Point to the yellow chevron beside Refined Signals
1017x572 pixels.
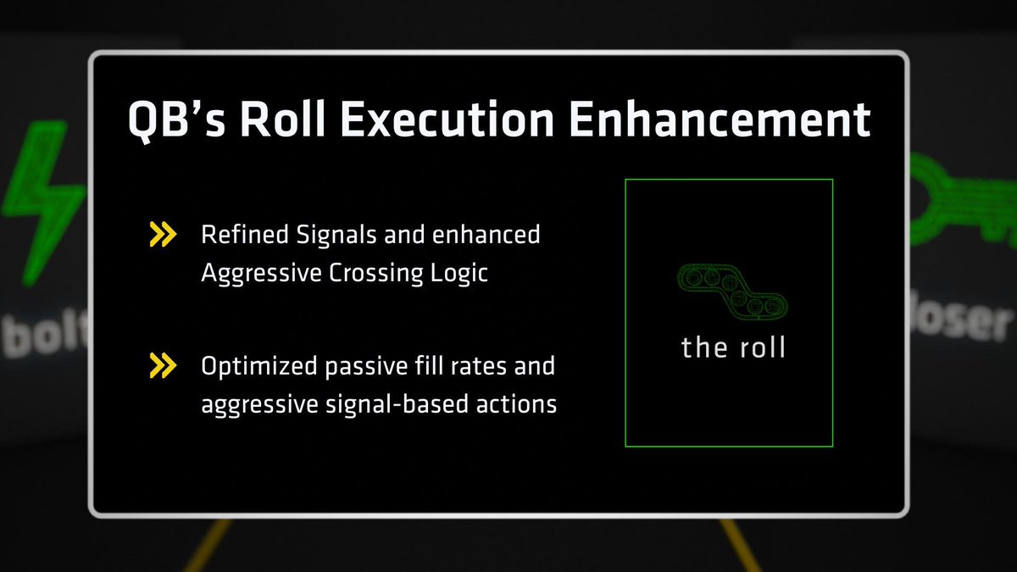(x=163, y=235)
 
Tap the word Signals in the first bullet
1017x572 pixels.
(x=321, y=235)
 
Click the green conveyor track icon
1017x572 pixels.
(x=729, y=289)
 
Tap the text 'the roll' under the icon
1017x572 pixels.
(x=733, y=347)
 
